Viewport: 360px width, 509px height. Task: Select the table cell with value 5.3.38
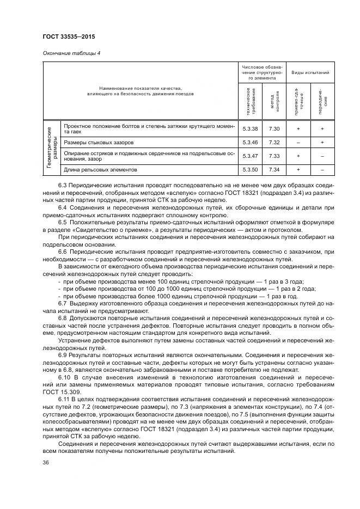click(248, 128)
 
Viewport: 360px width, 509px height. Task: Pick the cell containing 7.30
click(274, 128)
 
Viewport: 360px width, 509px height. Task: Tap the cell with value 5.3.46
click(248, 143)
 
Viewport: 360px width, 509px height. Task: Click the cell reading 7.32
click(274, 143)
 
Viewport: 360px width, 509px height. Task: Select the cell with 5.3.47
click(248, 156)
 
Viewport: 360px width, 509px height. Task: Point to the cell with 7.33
click(274, 156)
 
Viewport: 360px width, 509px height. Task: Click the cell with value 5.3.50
click(248, 170)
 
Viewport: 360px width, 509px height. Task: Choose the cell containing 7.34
click(274, 170)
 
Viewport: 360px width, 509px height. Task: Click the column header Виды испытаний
click(310, 72)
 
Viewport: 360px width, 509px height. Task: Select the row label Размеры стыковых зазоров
click(99, 143)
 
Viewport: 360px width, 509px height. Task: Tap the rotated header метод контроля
click(274, 101)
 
